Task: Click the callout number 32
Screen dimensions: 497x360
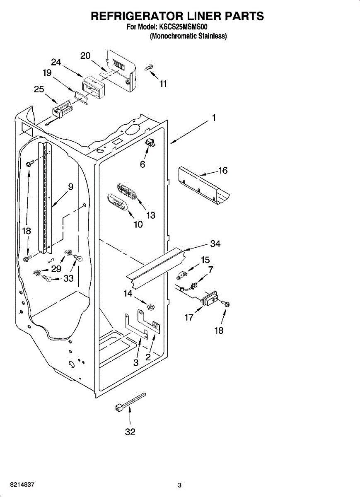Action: coord(130,432)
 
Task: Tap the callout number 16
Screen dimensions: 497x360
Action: coord(223,170)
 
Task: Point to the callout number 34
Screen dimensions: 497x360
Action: coord(215,244)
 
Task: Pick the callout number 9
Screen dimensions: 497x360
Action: coord(71,187)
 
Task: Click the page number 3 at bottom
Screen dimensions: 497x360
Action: coord(179,485)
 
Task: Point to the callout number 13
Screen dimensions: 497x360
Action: coord(150,215)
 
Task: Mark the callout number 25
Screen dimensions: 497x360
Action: coord(39,89)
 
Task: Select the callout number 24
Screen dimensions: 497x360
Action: coord(56,63)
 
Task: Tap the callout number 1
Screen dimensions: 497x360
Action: coord(214,118)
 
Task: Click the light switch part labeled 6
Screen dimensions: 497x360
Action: coord(150,143)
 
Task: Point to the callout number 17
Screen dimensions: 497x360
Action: coord(189,318)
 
